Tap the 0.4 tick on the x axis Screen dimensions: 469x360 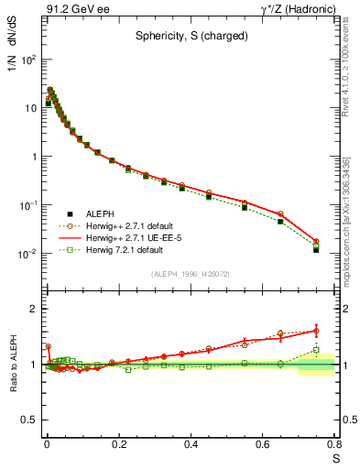191,444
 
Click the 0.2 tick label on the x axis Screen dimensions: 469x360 119,444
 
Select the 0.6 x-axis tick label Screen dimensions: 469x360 263,444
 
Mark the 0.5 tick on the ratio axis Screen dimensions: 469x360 27,420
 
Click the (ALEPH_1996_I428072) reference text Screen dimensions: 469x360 189,273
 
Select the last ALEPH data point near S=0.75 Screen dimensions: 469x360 316,249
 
